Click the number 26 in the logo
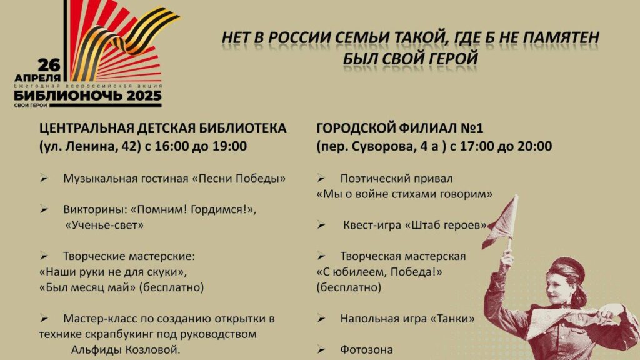49,65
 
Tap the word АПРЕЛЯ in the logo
37,77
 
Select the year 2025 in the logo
144,96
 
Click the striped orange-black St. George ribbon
126,41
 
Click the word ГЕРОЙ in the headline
453,58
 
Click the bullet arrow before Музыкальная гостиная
44,178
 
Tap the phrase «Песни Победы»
239,178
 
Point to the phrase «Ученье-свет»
105,225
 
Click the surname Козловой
153,350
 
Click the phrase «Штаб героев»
446,225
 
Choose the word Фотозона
366,350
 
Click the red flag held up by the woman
501,222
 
